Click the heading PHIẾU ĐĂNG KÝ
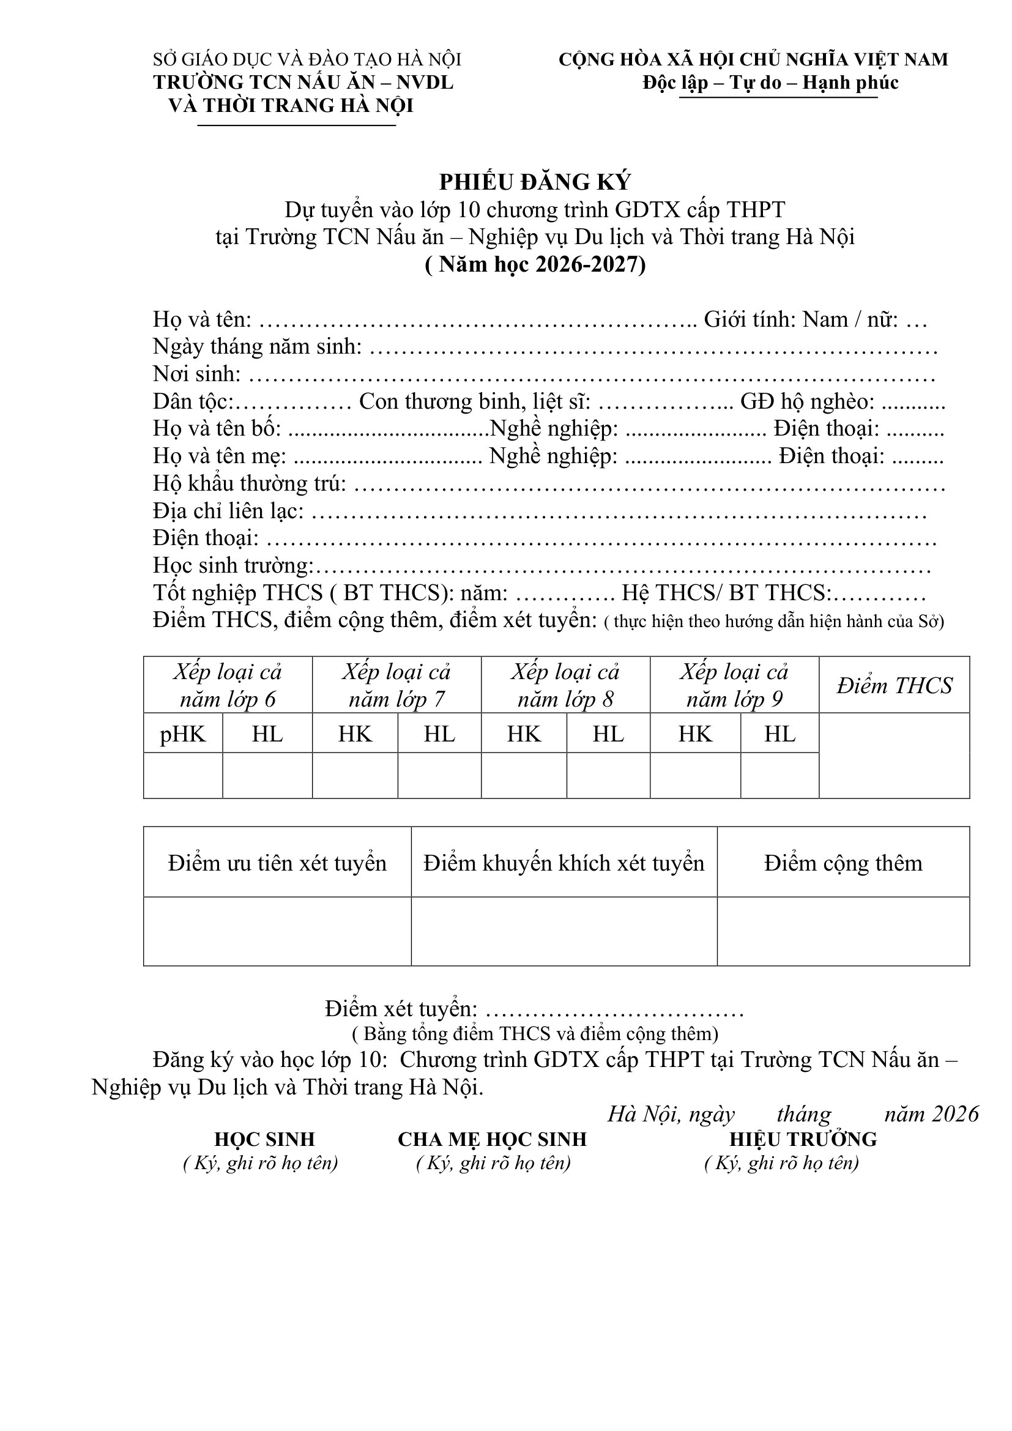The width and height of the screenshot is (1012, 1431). click(x=535, y=182)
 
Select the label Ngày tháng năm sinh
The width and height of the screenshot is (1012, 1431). click(x=258, y=346)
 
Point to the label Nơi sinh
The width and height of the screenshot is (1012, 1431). click(x=197, y=374)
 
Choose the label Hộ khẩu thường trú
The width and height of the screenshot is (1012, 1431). click(x=249, y=484)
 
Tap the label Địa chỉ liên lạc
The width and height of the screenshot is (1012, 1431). click(x=228, y=511)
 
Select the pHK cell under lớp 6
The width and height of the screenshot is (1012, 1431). click(x=182, y=734)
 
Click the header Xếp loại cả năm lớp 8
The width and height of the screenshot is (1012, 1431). click(x=565, y=686)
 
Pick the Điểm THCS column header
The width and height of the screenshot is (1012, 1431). click(x=895, y=686)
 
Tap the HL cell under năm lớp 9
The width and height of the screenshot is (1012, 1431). click(x=779, y=734)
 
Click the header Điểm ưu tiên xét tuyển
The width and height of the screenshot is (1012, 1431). click(x=277, y=863)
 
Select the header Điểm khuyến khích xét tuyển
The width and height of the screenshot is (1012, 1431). click(x=564, y=863)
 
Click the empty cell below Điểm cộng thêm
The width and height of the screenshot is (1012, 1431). click(x=843, y=932)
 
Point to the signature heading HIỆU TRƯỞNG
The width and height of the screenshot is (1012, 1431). click(x=803, y=1139)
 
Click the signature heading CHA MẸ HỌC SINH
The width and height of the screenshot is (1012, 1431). click(x=493, y=1139)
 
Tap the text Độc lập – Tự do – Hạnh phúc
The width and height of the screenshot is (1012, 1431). click(x=770, y=83)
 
